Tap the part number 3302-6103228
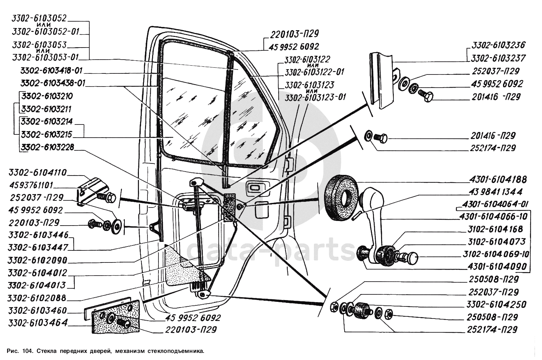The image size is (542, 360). point(47,147)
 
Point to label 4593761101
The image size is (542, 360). point(32,185)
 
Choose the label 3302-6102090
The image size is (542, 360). point(37,260)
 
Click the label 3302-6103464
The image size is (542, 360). point(37,323)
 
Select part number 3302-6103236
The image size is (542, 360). point(498,45)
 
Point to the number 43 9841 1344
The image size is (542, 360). point(496,192)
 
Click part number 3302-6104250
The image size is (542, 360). point(496,304)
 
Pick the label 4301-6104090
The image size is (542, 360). point(501,266)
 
